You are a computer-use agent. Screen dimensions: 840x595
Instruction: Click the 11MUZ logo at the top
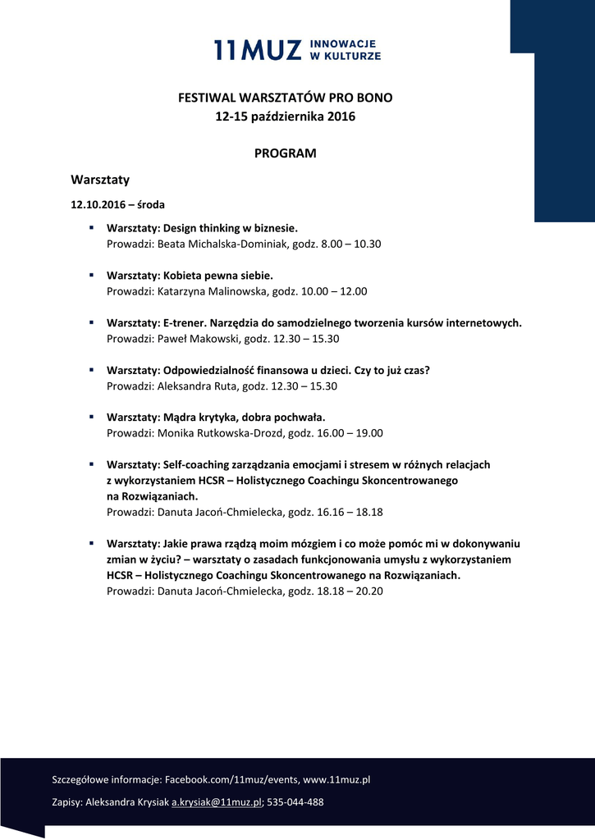click(297, 50)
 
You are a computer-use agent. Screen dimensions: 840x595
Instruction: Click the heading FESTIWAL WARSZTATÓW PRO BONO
click(286, 98)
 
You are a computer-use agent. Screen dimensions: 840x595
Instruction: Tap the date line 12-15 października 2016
click(285, 117)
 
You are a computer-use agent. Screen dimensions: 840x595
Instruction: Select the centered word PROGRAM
click(285, 153)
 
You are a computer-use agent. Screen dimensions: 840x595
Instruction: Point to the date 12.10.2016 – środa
click(117, 203)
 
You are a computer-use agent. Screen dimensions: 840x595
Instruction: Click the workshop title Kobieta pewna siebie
click(217, 276)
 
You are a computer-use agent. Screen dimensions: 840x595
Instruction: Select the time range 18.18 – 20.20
click(350, 591)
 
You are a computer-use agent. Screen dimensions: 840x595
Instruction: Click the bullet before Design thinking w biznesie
click(92, 227)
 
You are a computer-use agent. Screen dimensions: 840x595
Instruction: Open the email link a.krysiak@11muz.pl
click(216, 801)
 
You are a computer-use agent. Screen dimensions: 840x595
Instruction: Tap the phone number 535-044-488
click(295, 801)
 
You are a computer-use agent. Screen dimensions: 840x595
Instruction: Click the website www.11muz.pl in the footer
click(337, 779)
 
